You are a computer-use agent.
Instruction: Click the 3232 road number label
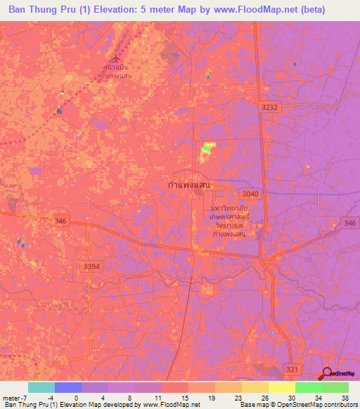pyautogui.click(x=269, y=106)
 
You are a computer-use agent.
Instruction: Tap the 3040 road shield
pyautogui.click(x=249, y=194)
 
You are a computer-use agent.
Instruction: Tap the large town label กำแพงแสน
pyautogui.click(x=189, y=184)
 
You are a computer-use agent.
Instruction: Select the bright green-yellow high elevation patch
pyautogui.click(x=207, y=148)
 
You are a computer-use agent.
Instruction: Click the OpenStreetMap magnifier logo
pyautogui.click(x=328, y=374)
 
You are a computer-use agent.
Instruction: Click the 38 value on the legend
pyautogui.click(x=345, y=398)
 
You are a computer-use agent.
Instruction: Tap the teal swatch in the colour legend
pyautogui.click(x=41, y=387)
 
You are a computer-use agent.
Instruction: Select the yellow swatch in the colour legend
pyautogui.click(x=255, y=387)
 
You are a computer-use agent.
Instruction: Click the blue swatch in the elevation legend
pyautogui.click(x=67, y=387)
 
